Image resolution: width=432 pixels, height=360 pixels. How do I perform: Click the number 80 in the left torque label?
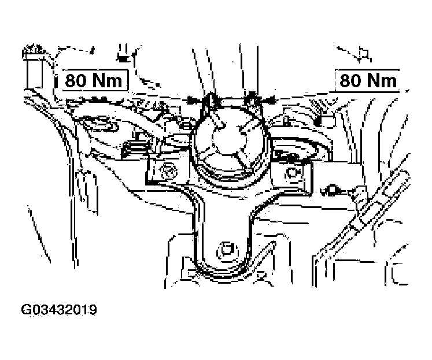coord(75,80)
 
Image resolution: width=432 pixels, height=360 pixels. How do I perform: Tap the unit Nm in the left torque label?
coord(107,80)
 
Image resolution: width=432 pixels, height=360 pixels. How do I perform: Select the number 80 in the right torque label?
coord(350,80)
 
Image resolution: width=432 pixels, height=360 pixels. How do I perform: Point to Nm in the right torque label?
coord(382,80)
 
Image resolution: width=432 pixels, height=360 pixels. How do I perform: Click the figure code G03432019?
coord(59,310)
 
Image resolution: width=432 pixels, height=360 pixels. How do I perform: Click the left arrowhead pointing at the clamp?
coord(193,100)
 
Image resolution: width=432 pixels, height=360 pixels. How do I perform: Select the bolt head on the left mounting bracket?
coord(167,172)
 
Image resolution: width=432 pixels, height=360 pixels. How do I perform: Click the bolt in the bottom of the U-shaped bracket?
coord(226,250)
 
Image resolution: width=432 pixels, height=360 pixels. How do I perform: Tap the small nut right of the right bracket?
coord(332,190)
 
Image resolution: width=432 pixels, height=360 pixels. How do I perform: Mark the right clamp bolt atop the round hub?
coord(252,99)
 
